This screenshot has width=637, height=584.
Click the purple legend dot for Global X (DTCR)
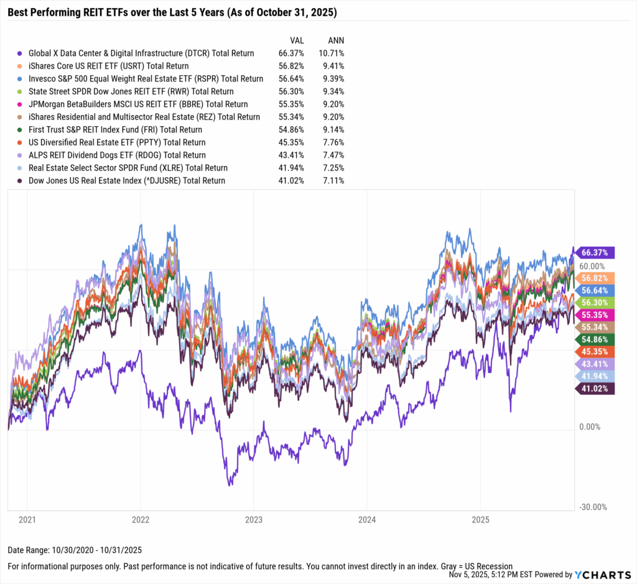21,53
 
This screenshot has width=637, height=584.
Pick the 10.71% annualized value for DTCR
330,53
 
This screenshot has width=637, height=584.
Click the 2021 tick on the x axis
27,519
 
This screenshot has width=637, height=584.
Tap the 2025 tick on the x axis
480,519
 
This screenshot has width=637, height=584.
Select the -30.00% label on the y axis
593,507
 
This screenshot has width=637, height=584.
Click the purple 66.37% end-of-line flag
596,253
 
